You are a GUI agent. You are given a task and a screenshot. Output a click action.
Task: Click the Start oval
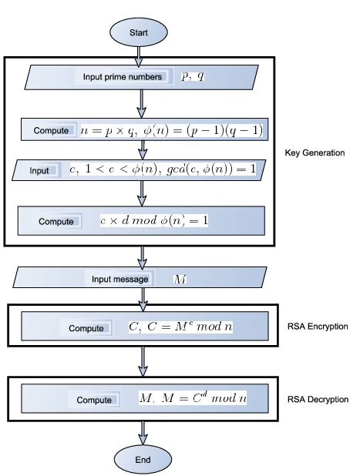(x=139, y=33)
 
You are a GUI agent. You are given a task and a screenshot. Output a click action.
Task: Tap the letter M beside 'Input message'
(x=180, y=279)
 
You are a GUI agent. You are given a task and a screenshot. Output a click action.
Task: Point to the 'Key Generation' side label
(x=315, y=153)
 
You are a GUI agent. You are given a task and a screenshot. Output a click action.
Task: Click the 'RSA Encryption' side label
(x=318, y=327)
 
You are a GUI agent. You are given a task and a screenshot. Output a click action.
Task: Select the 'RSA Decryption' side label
(x=318, y=400)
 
